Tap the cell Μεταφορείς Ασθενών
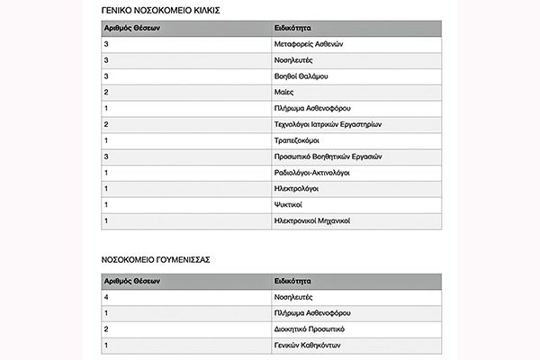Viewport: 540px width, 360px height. (309, 43)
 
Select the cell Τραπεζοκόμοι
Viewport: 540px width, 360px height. (296, 140)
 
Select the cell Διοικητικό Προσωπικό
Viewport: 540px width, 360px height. (309, 328)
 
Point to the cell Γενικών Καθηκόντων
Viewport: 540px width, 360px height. (306, 345)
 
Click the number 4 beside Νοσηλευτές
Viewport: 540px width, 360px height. (107, 296)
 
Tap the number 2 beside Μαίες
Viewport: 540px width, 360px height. (107, 92)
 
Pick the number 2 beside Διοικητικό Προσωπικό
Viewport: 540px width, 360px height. (107, 328)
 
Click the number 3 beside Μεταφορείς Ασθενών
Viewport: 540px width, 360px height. (107, 43)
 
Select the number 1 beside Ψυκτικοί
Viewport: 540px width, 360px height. (107, 204)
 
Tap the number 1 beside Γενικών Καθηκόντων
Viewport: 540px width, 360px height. (107, 345)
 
